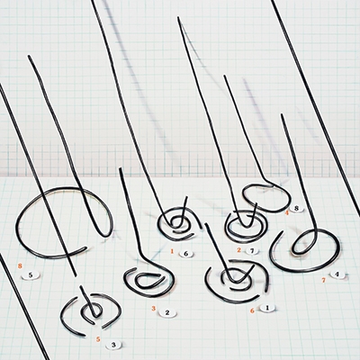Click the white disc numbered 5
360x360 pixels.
(x=31, y=274)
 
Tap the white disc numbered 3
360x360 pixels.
(x=113, y=345)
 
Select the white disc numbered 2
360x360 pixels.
(x=167, y=313)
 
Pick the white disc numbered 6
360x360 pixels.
(x=185, y=254)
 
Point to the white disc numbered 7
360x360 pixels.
(x=252, y=251)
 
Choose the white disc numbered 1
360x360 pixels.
(x=267, y=308)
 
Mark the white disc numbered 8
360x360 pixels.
(x=296, y=209)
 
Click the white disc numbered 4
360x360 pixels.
(x=337, y=274)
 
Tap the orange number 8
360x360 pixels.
(x=20, y=265)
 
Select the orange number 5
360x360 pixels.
(x=98, y=339)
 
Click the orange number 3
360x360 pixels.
(x=154, y=308)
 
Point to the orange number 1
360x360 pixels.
(x=172, y=251)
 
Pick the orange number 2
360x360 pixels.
(x=238, y=249)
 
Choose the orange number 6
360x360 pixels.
(x=252, y=310)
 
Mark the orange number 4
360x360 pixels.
(x=287, y=212)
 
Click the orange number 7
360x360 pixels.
(x=323, y=280)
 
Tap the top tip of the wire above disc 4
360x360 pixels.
(x=282, y=114)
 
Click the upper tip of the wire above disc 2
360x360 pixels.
(x=121, y=168)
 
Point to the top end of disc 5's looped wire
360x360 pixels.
(x=29, y=56)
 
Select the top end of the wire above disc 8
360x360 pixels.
(x=224, y=76)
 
